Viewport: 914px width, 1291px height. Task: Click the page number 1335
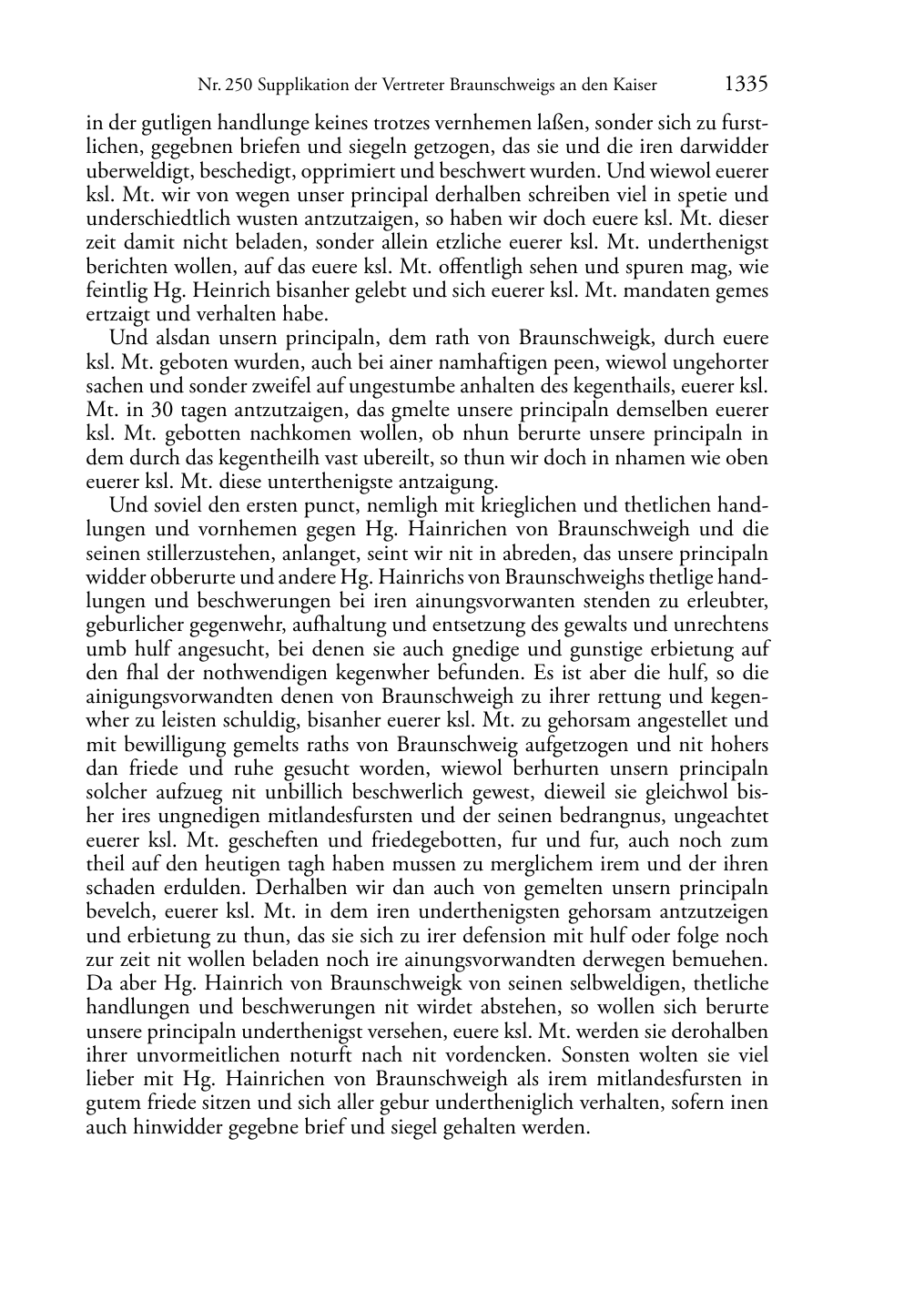pos(746,85)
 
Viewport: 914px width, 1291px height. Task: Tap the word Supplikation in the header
pos(301,86)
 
